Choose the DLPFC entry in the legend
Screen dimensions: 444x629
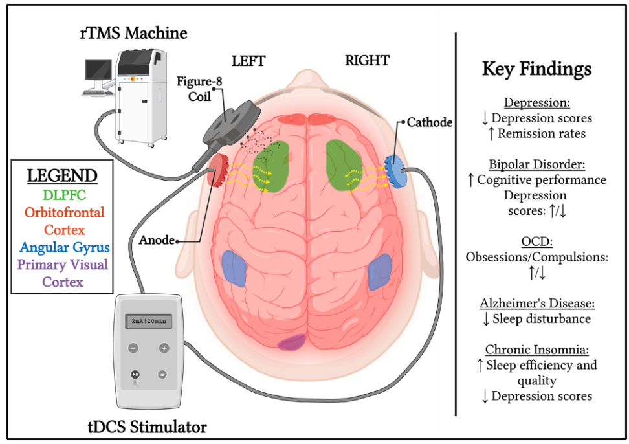click(62, 194)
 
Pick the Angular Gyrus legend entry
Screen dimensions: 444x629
click(62, 247)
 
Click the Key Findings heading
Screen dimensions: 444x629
click(536, 69)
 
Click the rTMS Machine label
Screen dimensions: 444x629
click(134, 32)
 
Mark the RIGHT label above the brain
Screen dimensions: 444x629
click(367, 61)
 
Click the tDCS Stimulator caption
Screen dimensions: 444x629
click(147, 427)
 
